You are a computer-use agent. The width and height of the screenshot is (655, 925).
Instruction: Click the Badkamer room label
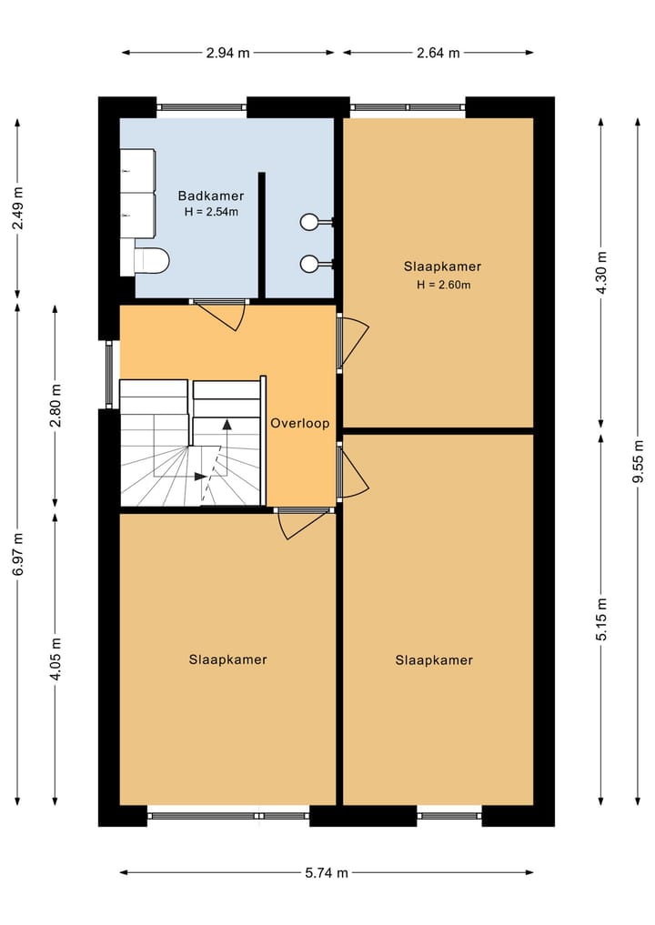click(211, 196)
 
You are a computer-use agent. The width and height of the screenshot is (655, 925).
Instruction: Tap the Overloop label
click(299, 424)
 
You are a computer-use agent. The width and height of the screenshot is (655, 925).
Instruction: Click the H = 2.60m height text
click(443, 285)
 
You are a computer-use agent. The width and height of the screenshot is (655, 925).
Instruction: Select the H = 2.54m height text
click(211, 213)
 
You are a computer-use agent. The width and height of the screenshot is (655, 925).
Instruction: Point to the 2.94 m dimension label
click(227, 53)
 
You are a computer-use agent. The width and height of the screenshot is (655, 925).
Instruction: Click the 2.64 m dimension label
click(438, 53)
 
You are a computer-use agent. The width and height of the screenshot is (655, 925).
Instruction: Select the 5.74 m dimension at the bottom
click(327, 873)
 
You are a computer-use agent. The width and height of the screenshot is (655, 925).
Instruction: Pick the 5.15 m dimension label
click(600, 619)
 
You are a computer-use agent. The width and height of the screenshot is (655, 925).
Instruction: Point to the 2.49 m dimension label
click(18, 208)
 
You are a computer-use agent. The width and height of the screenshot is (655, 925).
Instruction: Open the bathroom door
click(223, 315)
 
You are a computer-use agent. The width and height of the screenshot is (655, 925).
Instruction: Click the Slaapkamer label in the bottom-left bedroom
click(228, 659)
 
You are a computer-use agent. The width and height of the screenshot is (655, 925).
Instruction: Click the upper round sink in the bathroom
click(310, 221)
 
